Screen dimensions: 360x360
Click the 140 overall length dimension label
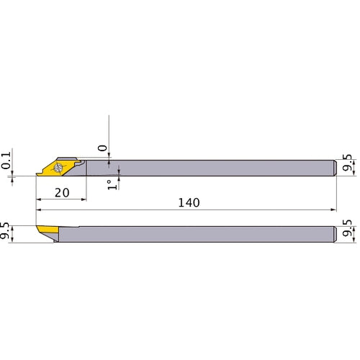189,203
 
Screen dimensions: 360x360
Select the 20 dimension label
62,193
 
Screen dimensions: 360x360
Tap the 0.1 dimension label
6,161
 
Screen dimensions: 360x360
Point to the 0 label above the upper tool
102,148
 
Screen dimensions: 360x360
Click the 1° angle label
112,184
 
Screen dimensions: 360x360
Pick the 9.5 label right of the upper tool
348,163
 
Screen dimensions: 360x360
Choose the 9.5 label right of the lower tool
348,228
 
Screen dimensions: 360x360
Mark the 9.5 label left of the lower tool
5,230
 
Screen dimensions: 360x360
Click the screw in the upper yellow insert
58,167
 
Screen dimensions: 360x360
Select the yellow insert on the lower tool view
48,229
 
